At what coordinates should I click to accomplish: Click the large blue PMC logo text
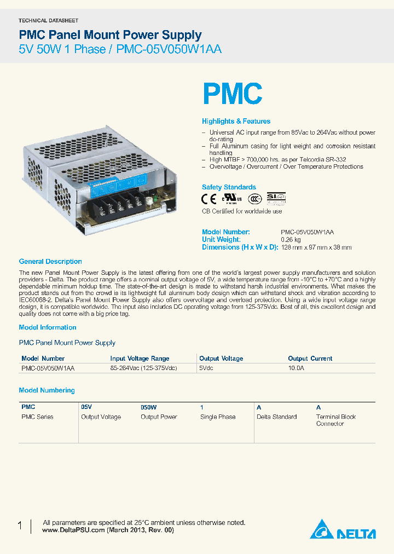[233, 94]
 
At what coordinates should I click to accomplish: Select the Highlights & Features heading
[236, 121]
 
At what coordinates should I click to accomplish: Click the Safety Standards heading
[229, 187]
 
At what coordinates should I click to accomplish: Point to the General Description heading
[50, 262]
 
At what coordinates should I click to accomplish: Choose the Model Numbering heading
[47, 390]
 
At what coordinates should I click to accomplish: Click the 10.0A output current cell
[296, 369]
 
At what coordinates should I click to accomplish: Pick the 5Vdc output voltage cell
[206, 369]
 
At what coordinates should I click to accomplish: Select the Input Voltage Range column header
[140, 359]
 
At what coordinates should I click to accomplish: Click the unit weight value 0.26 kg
[291, 240]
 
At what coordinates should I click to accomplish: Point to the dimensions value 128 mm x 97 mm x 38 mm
[316, 247]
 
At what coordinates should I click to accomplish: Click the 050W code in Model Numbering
[149, 407]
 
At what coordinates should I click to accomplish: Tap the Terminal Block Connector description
[335, 420]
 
